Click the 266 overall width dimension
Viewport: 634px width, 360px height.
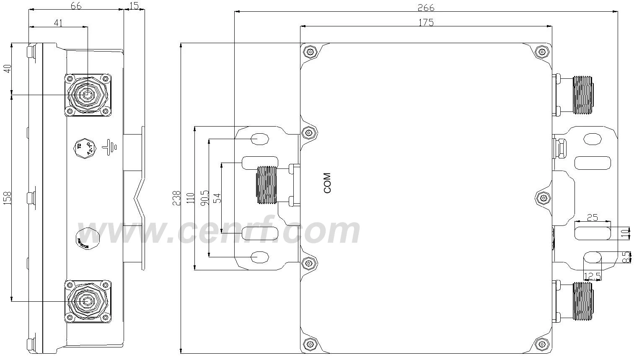click(426, 8)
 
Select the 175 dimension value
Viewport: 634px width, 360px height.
click(426, 22)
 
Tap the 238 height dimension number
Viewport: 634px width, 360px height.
click(176, 198)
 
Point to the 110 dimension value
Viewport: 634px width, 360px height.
click(191, 198)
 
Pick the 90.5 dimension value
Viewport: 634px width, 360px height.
click(204, 196)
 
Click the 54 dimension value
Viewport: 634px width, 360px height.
click(217, 198)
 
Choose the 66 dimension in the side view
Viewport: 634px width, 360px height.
click(75, 5)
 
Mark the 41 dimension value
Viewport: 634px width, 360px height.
click(58, 23)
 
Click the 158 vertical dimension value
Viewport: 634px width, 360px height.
click(8, 198)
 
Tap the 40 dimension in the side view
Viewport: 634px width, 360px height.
click(8, 69)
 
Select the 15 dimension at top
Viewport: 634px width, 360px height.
click(134, 5)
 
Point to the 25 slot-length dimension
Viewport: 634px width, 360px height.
click(592, 218)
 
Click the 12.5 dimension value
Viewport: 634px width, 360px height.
click(592, 276)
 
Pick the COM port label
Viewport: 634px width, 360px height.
click(327, 183)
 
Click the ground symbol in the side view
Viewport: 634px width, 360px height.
click(111, 146)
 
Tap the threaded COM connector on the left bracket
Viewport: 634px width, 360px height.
click(267, 185)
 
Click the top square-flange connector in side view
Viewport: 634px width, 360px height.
click(87, 95)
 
